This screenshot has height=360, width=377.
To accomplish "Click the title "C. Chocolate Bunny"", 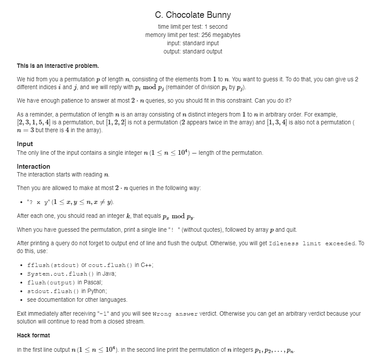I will [193, 15].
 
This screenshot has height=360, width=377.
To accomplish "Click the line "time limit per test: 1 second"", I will [193, 27].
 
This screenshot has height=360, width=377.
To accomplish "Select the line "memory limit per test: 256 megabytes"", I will [193, 35].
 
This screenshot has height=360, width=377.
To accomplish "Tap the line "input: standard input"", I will [193, 43].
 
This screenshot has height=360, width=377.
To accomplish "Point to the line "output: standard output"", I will [193, 51].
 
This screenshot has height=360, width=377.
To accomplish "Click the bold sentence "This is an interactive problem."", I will [58, 66].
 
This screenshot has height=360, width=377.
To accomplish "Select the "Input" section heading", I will [25, 144].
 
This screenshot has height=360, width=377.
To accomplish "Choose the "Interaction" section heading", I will [33, 167].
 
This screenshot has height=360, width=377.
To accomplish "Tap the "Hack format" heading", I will [33, 335].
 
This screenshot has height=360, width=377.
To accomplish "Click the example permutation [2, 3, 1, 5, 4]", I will [33, 123].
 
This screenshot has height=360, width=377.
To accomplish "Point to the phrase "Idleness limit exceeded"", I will [307, 243].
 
